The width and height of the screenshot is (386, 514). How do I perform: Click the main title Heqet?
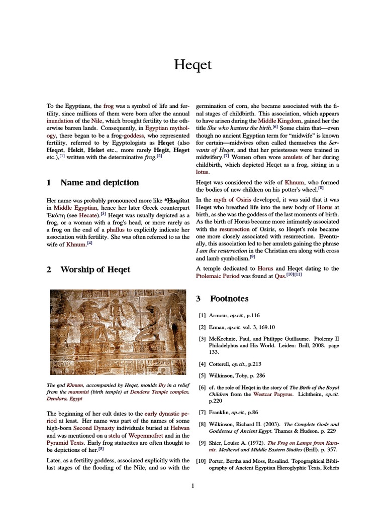coord(192,65)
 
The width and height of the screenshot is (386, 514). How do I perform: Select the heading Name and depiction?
coord(100,182)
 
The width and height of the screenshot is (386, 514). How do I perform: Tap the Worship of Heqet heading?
coord(95,270)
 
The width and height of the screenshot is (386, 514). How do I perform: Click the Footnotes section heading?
coord(229,299)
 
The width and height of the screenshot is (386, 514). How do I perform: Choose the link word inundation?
coord(60,121)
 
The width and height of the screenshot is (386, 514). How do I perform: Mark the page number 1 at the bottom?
coord(192,485)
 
